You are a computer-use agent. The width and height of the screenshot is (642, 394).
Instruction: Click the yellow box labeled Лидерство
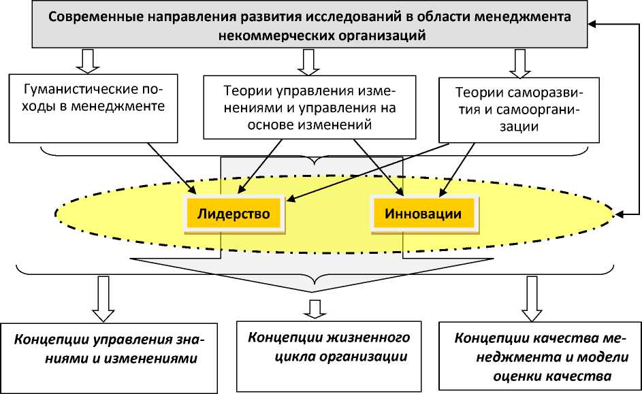point(234,214)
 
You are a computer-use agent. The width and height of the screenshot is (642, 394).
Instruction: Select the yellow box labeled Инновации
point(423,214)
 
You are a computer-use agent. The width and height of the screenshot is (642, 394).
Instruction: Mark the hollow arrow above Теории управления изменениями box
point(307,62)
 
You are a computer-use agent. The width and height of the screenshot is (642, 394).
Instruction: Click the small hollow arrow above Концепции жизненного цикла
point(315,308)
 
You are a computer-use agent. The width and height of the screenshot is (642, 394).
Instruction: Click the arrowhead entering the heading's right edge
point(594,24)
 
